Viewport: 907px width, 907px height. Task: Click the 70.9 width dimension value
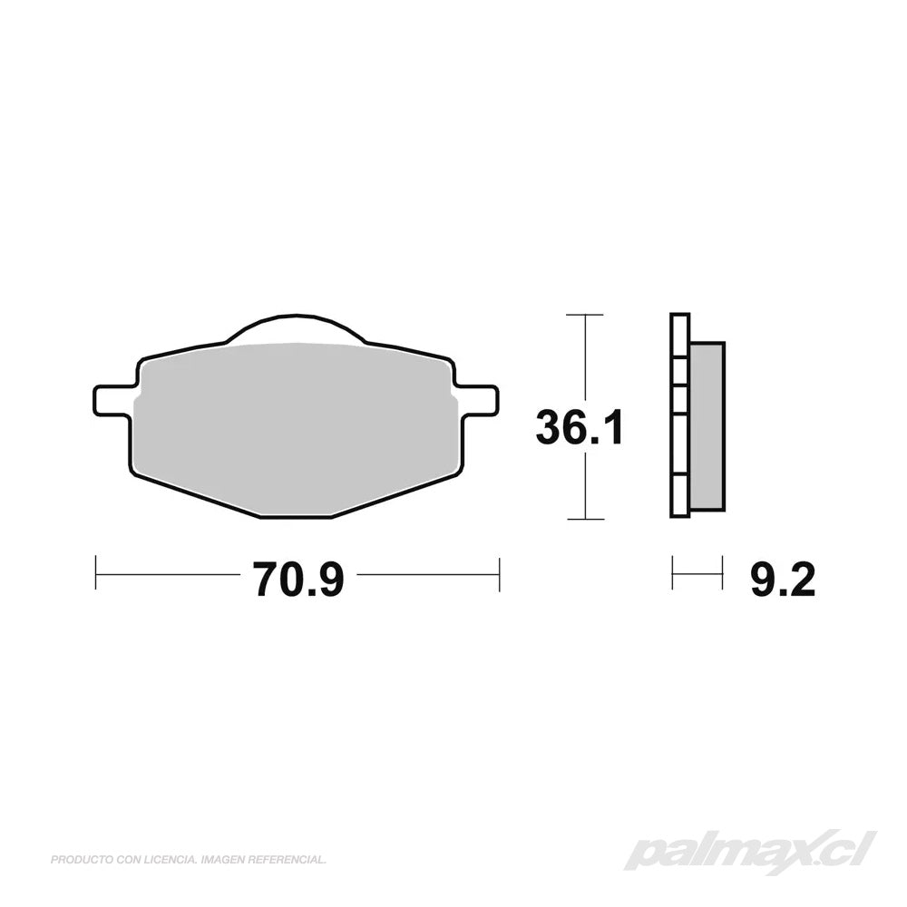pos(297,580)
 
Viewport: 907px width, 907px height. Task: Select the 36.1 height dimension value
pos(580,427)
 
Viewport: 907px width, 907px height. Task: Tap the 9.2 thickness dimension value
pos(783,580)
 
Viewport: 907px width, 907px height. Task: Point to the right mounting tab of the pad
pos(477,400)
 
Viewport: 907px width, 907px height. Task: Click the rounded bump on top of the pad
pos(297,327)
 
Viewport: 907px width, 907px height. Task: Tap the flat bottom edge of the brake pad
pos(296,517)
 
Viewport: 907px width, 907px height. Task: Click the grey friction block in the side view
pos(707,426)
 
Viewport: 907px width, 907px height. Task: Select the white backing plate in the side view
pos(680,414)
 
